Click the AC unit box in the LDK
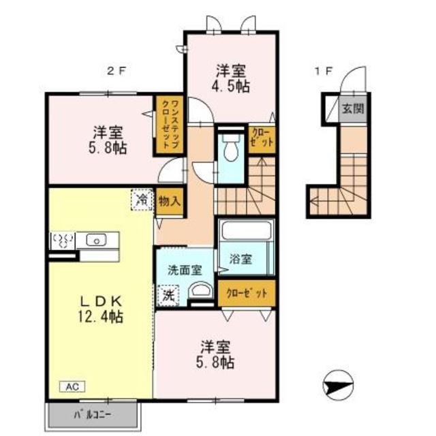click(x=72, y=386)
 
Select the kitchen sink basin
click(x=96, y=240)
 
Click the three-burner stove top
click(x=63, y=240)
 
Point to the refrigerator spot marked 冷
click(x=142, y=200)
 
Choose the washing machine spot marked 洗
click(x=168, y=296)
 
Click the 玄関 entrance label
click(x=353, y=108)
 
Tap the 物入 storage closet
click(x=170, y=201)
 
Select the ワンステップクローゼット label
click(x=170, y=125)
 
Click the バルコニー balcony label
click(x=93, y=415)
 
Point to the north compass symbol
click(x=338, y=385)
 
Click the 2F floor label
click(x=116, y=71)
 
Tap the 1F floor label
click(x=324, y=71)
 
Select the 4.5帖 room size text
click(x=230, y=87)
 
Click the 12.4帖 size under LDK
click(x=101, y=316)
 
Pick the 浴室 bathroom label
click(x=240, y=259)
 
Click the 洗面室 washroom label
click(x=185, y=270)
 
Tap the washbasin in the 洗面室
click(x=200, y=291)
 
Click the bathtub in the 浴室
click(x=247, y=230)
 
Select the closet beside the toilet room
click(x=262, y=140)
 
